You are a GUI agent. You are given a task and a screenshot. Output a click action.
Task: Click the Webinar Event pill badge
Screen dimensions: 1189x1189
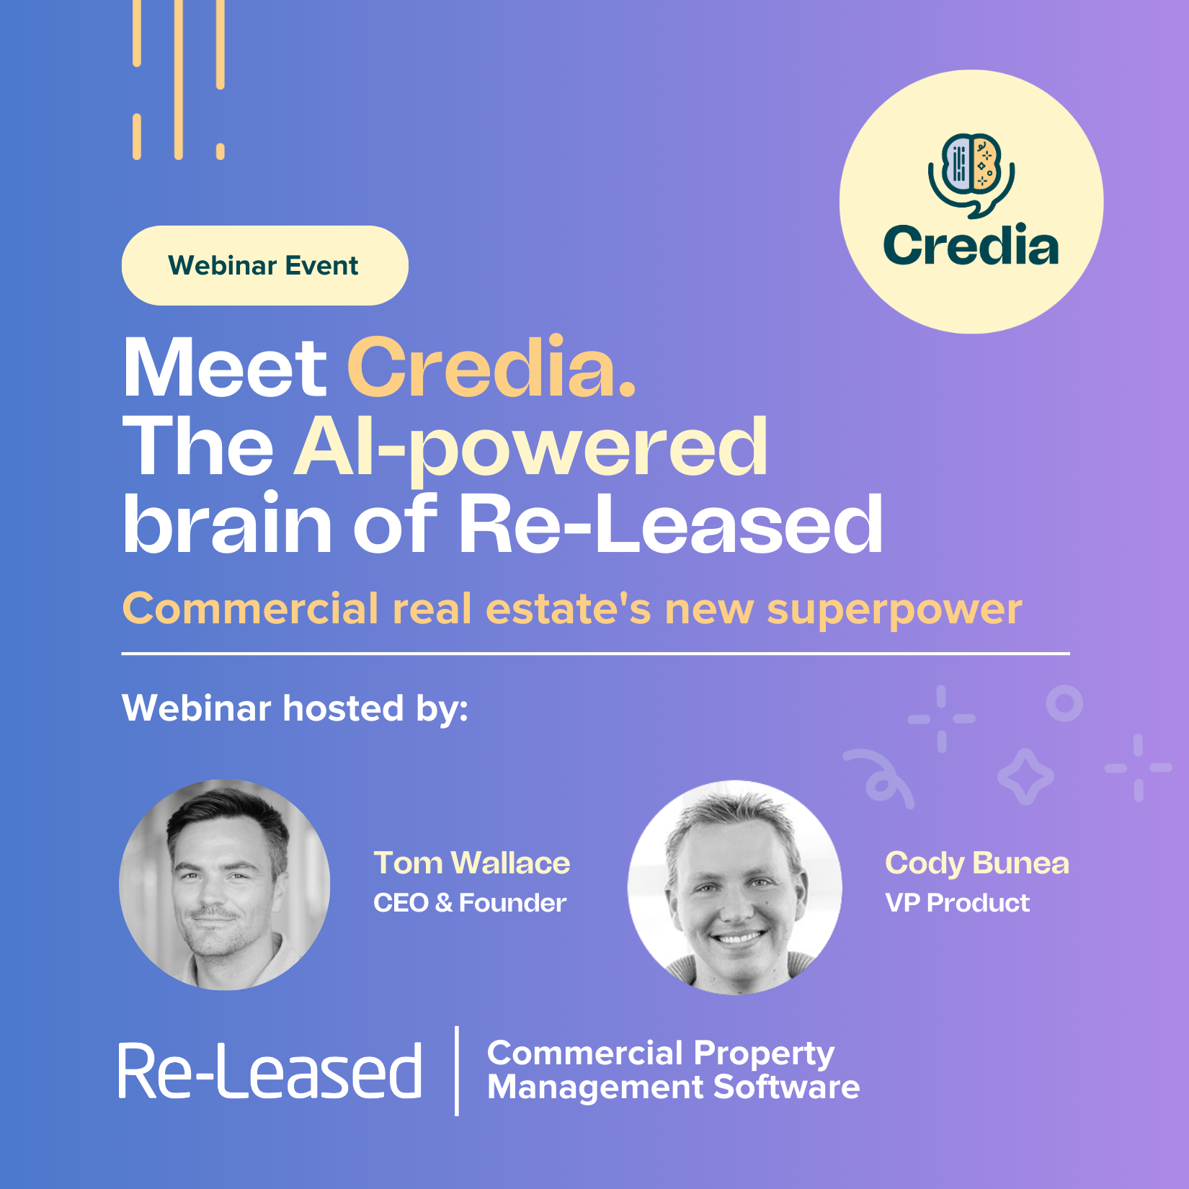pyautogui.click(x=264, y=266)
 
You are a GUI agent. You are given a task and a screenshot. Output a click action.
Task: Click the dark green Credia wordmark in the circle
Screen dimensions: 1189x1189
pyautogui.click(x=971, y=246)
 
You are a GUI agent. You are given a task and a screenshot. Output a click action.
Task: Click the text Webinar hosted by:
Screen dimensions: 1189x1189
pyautogui.click(x=295, y=708)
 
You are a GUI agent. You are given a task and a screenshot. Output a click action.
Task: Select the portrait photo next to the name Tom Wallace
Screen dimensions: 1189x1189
pyautogui.click(x=225, y=885)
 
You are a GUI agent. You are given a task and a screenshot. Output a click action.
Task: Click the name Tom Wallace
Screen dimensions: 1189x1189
pyautogui.click(x=471, y=863)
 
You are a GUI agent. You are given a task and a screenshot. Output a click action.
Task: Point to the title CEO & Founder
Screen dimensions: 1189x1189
pyautogui.click(x=469, y=903)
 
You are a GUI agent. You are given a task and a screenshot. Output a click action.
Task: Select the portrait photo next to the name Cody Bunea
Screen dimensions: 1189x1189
pyautogui.click(x=734, y=887)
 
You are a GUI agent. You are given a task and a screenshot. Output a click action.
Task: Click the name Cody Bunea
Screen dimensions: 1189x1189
pyautogui.click(x=976, y=863)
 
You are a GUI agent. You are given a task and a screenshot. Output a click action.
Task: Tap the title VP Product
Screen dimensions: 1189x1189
pyautogui.click(x=957, y=903)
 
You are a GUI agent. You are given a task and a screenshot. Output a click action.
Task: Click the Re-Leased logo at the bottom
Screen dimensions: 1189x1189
pyautogui.click(x=270, y=1072)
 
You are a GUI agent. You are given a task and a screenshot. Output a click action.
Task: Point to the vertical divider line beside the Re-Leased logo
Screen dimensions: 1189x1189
pyautogui.click(x=457, y=1071)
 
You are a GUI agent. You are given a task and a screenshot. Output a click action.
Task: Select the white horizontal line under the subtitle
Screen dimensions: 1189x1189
pyautogui.click(x=595, y=654)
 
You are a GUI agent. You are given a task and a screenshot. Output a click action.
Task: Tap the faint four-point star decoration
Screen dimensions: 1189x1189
pyautogui.click(x=1025, y=776)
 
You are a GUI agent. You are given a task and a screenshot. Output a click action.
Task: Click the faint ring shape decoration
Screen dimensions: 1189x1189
pyautogui.click(x=1064, y=703)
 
